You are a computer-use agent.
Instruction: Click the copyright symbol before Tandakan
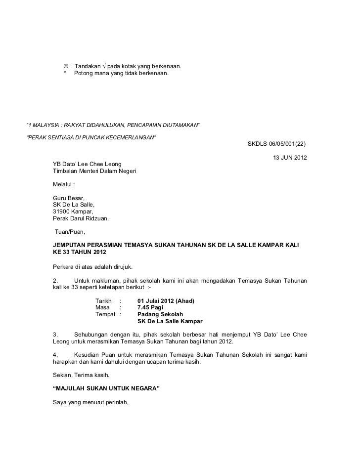[x=66, y=66]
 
